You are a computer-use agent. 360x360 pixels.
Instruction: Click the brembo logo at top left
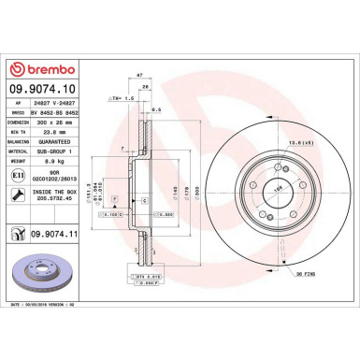pyautogui.click(x=47, y=68)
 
